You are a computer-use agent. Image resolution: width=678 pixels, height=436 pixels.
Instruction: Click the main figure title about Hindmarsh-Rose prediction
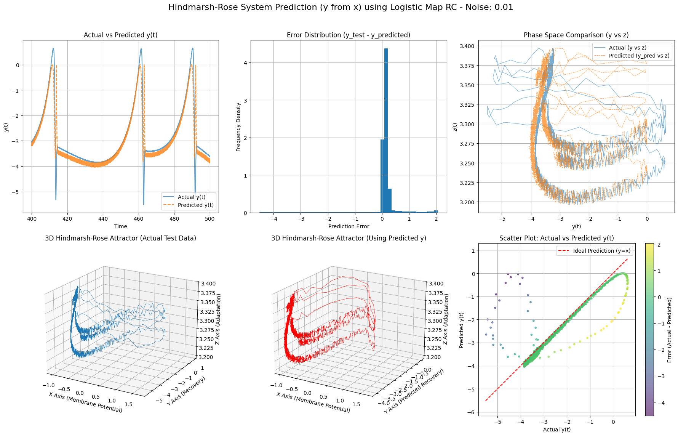341,7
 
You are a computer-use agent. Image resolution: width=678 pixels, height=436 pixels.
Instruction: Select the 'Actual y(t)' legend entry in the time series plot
191,197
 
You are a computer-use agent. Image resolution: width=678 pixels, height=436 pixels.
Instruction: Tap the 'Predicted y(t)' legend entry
195,205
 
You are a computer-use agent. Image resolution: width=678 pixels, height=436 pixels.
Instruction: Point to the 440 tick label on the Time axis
103,219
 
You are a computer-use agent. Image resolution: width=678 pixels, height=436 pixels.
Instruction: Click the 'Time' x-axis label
120,226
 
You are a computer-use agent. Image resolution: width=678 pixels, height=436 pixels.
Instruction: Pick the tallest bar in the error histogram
386,130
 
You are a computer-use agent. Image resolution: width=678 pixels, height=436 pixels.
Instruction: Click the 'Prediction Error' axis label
349,226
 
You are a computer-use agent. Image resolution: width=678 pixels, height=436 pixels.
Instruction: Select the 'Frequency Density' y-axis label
238,127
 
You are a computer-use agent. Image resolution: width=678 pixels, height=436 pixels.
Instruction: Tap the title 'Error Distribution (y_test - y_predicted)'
349,35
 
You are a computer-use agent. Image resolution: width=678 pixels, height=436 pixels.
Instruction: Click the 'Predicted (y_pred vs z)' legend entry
639,56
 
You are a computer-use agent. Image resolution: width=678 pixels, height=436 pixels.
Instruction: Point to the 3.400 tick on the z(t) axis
467,46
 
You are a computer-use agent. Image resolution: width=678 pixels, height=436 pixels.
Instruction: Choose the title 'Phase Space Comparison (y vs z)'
576,35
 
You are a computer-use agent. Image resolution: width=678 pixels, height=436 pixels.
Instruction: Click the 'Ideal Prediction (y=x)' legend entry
601,251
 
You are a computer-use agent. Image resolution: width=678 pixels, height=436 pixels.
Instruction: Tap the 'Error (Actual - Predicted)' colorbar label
670,330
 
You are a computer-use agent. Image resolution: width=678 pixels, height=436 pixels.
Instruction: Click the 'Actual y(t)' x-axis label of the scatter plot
556,430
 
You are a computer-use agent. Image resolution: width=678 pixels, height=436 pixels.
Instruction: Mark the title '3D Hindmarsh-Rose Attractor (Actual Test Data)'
120,238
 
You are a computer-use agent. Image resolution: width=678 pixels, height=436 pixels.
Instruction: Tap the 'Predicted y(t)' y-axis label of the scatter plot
462,330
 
